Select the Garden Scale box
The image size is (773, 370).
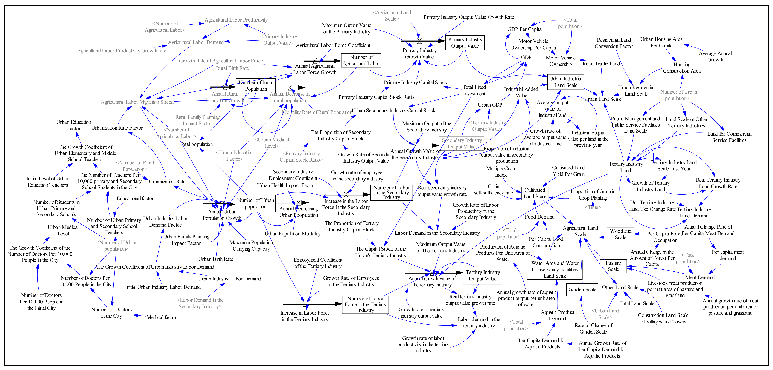pos(582,289)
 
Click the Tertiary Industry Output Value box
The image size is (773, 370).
pos(483,275)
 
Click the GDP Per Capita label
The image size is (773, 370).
pos(524,29)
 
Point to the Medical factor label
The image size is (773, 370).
pos(161,317)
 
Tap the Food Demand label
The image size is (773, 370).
pos(539,217)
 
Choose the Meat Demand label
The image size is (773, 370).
pos(700,277)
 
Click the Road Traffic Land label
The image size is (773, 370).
pos(601,64)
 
